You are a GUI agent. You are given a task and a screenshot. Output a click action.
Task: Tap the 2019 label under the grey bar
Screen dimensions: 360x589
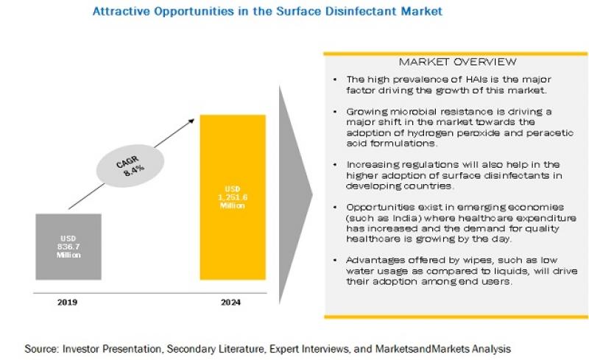(64, 301)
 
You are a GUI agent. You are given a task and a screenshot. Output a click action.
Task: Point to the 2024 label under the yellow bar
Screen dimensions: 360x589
(233, 301)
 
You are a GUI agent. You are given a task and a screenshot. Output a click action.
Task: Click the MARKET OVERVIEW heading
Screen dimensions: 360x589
(456, 61)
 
